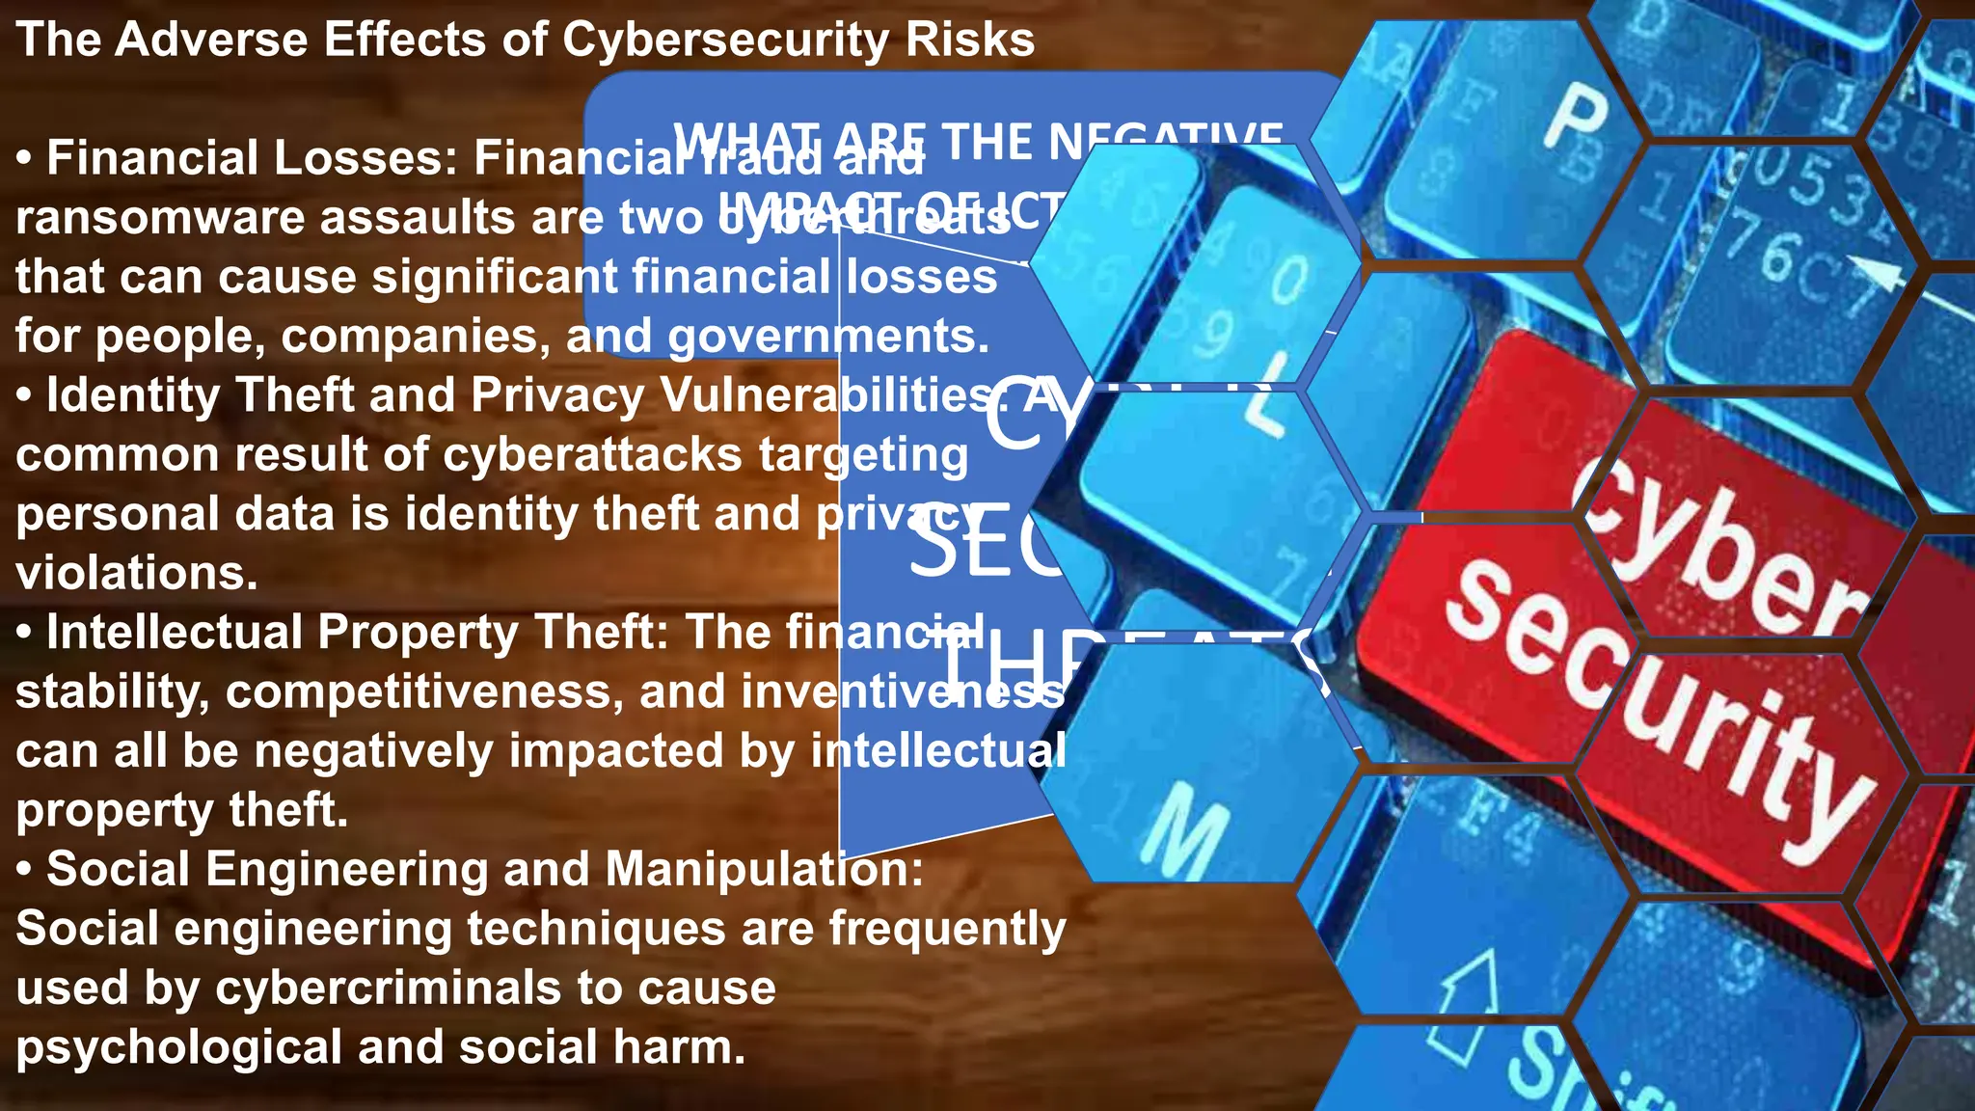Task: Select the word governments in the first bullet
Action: (x=828, y=337)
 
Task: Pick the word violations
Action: (x=137, y=574)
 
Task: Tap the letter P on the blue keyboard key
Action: (x=1576, y=116)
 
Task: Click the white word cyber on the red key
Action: (x=1717, y=540)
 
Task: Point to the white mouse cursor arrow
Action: (x=1885, y=274)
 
